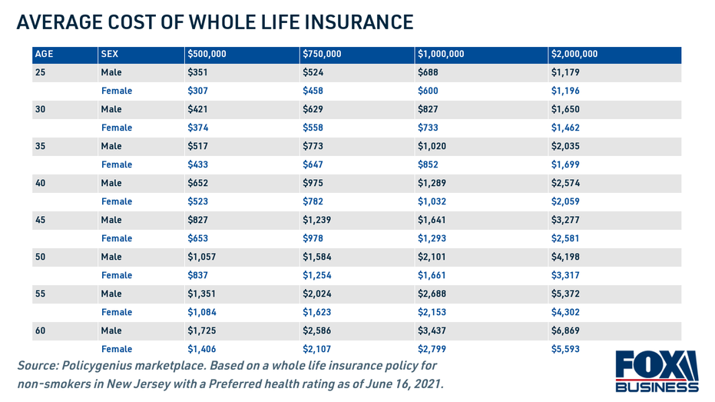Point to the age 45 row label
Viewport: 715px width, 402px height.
click(x=41, y=220)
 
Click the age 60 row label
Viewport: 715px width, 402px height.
click(x=41, y=331)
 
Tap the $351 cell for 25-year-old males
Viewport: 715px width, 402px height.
click(x=198, y=72)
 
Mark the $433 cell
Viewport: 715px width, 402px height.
click(x=198, y=164)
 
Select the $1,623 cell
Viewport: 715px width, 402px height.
click(x=317, y=312)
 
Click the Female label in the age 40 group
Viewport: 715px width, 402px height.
click(x=117, y=201)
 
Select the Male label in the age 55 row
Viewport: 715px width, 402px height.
click(x=111, y=294)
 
